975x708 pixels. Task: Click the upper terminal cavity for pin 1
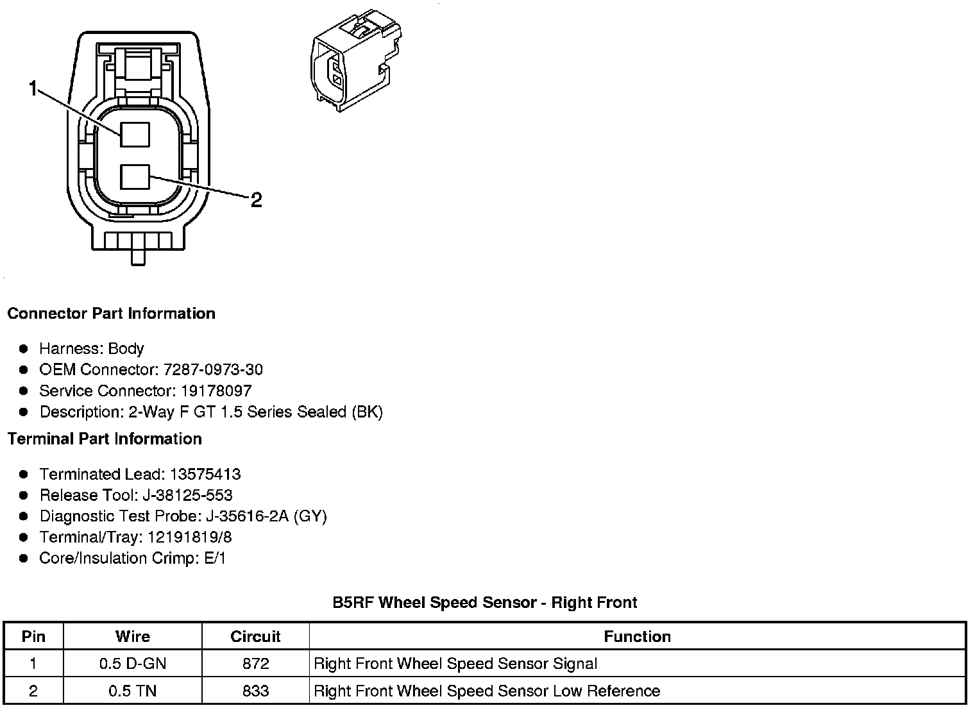(135, 134)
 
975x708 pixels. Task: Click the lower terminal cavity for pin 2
(135, 176)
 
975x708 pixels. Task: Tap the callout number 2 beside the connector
(256, 200)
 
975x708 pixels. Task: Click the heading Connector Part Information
(111, 314)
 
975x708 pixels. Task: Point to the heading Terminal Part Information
(105, 439)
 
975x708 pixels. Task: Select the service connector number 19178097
(216, 391)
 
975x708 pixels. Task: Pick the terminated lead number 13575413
(205, 474)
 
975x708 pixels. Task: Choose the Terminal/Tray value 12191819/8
(190, 537)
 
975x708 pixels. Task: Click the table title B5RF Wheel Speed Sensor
(484, 602)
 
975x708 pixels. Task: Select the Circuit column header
(255, 636)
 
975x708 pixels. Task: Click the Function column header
(637, 636)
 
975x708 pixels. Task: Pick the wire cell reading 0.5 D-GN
(133, 663)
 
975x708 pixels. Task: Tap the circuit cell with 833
(255, 691)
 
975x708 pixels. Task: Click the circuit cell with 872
(255, 663)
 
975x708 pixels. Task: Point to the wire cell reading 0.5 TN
(133, 691)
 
